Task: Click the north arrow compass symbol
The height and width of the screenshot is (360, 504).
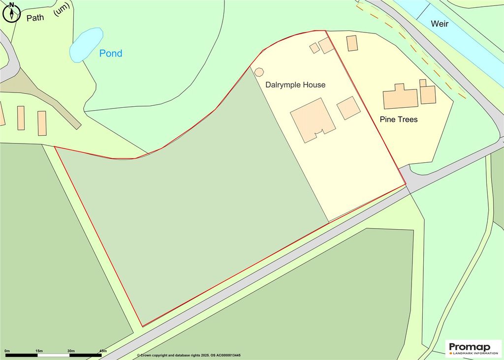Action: pyautogui.click(x=11, y=12)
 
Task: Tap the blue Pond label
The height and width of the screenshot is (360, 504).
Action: pyautogui.click(x=111, y=53)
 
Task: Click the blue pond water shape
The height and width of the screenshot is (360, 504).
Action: pyautogui.click(x=87, y=45)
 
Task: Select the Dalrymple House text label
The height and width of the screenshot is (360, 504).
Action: pyautogui.click(x=295, y=85)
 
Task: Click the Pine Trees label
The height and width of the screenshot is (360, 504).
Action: pyautogui.click(x=399, y=119)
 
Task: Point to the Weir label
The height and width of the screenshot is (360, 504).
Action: pyautogui.click(x=440, y=24)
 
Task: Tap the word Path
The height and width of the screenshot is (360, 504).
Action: pyautogui.click(x=35, y=18)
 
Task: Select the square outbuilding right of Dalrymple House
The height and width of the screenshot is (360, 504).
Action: pyautogui.click(x=349, y=108)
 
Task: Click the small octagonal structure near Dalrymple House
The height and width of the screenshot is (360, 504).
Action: pyautogui.click(x=259, y=71)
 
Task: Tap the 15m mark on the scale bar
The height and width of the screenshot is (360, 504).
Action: pyautogui.click(x=39, y=351)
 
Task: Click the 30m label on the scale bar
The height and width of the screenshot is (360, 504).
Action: pyautogui.click(x=71, y=351)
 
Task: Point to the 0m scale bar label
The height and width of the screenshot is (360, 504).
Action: pyautogui.click(x=7, y=351)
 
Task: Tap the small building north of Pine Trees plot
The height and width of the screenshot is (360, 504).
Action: pyautogui.click(x=352, y=43)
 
